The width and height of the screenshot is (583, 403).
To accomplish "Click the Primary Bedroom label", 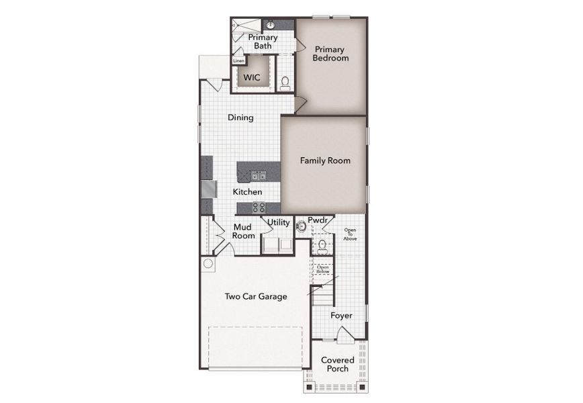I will pyautogui.click(x=330, y=54).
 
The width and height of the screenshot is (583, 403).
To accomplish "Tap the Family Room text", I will pyautogui.click(x=325, y=161).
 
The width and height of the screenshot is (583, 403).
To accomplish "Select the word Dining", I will pyautogui.click(x=240, y=118).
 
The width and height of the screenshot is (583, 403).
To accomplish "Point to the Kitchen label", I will pyautogui.click(x=247, y=192).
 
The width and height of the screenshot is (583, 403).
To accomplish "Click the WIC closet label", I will pyautogui.click(x=251, y=78).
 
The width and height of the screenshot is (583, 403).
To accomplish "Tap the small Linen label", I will pyautogui.click(x=238, y=61).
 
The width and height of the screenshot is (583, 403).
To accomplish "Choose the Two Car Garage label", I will pyautogui.click(x=255, y=296).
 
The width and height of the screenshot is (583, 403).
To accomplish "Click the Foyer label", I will pyautogui.click(x=341, y=315).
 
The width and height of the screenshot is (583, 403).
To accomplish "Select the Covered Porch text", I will pyautogui.click(x=337, y=365).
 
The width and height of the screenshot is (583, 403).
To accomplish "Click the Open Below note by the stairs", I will pyautogui.click(x=323, y=269).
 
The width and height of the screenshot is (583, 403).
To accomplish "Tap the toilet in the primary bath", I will pyautogui.click(x=285, y=83).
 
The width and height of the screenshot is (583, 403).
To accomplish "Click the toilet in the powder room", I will pyautogui.click(x=322, y=244).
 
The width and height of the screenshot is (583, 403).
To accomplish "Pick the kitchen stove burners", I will pyautogui.click(x=259, y=208).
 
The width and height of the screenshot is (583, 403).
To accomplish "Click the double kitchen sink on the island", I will pyautogui.click(x=259, y=177).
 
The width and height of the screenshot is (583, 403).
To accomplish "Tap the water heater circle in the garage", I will pyautogui.click(x=208, y=263).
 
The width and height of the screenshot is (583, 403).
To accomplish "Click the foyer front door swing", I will pyautogui.click(x=343, y=334).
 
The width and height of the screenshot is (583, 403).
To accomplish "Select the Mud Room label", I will pyautogui.click(x=243, y=232).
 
